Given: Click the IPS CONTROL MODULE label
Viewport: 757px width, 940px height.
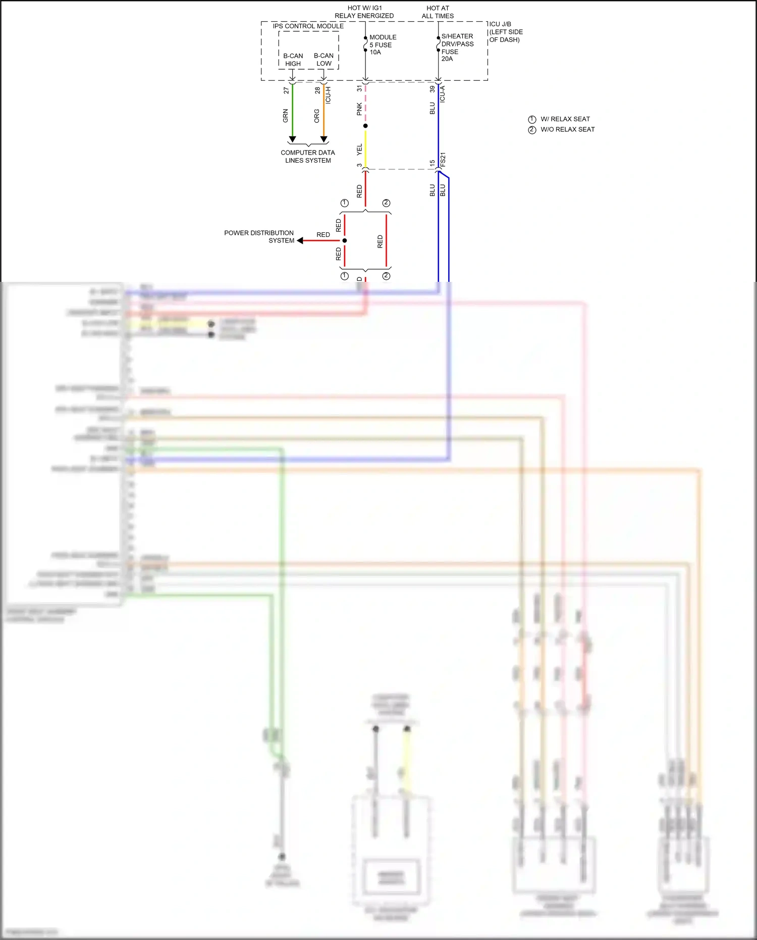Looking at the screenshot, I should point(308,26).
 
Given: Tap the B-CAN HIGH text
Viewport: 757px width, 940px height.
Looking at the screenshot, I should point(293,60).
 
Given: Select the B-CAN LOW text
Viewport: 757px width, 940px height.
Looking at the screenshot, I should point(323,60).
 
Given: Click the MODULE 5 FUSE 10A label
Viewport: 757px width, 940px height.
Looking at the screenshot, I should point(383,44).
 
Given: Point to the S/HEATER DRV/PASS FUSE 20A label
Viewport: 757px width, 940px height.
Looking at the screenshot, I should point(457,47).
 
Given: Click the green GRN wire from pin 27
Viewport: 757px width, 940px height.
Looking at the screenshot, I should point(292,111).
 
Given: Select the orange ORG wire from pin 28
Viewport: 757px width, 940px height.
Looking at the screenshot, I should point(324,111).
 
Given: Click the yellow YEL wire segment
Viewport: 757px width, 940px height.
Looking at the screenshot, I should point(365,149).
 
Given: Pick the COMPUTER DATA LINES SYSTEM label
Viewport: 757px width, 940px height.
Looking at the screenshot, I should point(308,156).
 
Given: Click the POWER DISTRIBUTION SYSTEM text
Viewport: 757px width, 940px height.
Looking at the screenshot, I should point(259,236).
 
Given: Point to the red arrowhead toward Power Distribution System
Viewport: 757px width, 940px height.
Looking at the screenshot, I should point(300,240).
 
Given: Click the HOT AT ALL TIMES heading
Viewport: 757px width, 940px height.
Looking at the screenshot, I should point(438,12).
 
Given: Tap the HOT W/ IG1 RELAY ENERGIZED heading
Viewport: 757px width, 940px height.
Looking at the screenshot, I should point(364,12).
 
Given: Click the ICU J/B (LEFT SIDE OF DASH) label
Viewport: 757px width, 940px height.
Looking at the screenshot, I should point(506,32).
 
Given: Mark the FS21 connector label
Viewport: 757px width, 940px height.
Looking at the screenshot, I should point(443,160).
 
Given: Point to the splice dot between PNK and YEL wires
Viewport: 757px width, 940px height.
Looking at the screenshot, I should point(365,126).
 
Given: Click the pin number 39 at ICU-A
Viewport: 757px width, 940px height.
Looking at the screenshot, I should point(432,89).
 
